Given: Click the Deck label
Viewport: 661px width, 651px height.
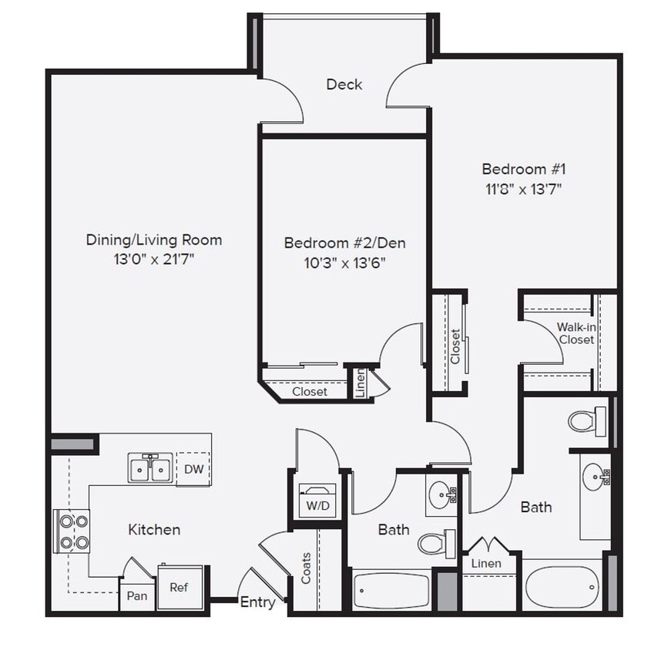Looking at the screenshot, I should pyautogui.click(x=344, y=84).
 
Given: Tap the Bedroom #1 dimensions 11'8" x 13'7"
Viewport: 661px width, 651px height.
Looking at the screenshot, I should pyautogui.click(x=518, y=189).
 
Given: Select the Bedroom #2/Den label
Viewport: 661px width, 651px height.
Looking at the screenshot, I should pyautogui.click(x=344, y=243).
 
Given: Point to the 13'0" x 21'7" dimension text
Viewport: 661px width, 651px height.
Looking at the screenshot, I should pyautogui.click(x=153, y=259).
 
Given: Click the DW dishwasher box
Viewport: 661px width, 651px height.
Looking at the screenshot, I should pyautogui.click(x=193, y=470).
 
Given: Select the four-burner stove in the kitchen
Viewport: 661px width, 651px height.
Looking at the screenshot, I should pyautogui.click(x=72, y=531).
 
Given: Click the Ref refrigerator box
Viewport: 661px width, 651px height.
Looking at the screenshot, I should pyautogui.click(x=179, y=587).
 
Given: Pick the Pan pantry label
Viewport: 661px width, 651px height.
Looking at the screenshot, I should pyautogui.click(x=136, y=595).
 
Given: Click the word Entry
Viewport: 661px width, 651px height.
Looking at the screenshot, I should pyautogui.click(x=257, y=602).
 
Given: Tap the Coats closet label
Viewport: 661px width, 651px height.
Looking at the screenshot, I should pyautogui.click(x=307, y=568).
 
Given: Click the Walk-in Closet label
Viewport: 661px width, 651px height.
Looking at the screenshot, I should pyautogui.click(x=575, y=333).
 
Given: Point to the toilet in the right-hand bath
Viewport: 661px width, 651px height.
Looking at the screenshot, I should pyautogui.click(x=586, y=421).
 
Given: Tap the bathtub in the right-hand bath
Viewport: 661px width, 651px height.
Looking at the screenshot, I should pyautogui.click(x=562, y=589).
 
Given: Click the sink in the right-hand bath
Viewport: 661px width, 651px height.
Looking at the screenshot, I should pyautogui.click(x=595, y=476).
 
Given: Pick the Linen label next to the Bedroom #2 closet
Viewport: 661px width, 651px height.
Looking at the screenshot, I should pyautogui.click(x=360, y=383).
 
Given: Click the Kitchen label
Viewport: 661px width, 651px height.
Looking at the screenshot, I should pyautogui.click(x=154, y=529).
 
